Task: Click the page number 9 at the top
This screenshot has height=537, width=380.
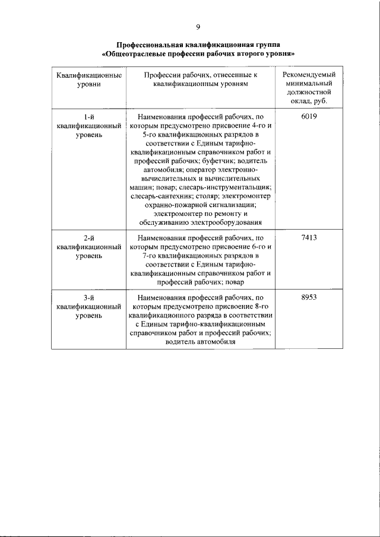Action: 198,27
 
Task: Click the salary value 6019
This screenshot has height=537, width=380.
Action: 309,117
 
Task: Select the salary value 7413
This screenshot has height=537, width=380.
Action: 309,237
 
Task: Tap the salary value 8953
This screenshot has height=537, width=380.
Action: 309,298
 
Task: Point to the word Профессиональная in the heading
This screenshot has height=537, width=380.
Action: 151,45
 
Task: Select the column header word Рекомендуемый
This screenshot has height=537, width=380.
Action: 309,75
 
